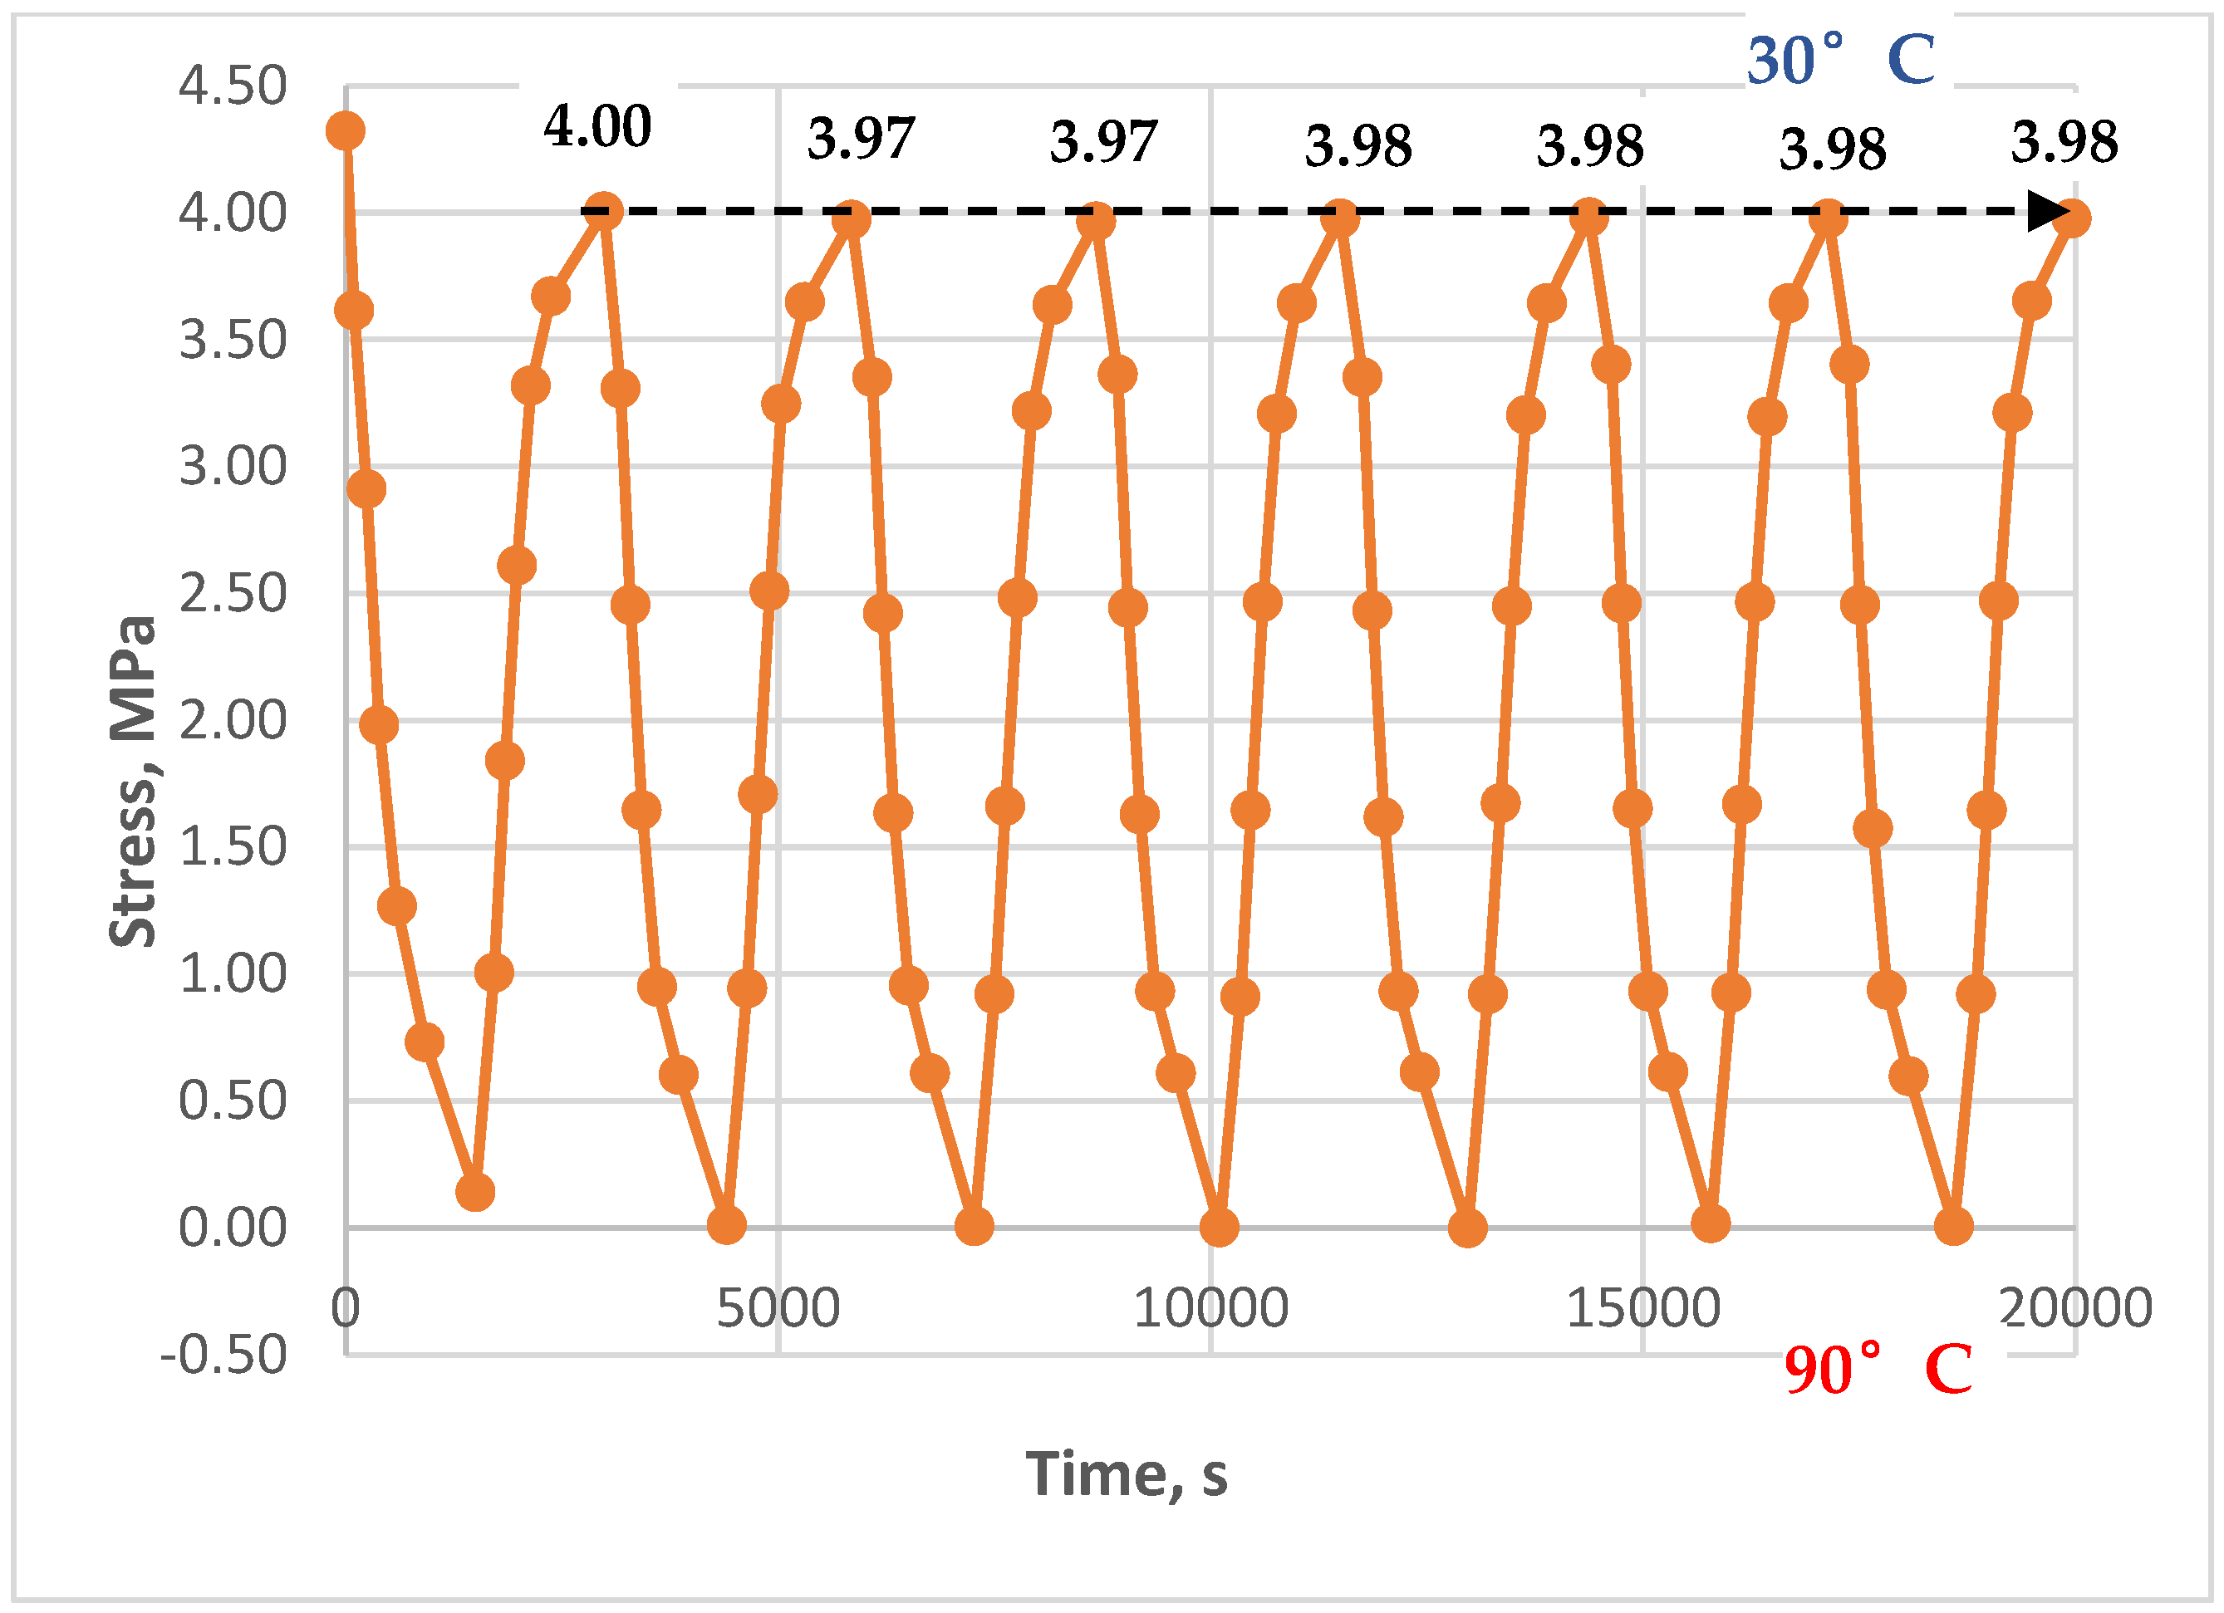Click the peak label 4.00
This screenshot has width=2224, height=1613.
click(597, 126)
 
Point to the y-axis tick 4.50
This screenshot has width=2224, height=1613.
click(233, 86)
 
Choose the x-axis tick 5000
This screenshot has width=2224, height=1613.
click(778, 1307)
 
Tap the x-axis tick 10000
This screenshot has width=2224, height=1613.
click(1210, 1307)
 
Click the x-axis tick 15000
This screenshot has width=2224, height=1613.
click(1642, 1307)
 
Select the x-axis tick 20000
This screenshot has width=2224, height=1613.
click(2075, 1307)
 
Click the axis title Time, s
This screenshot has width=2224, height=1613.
click(1126, 1473)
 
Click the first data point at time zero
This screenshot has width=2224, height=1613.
click(345, 130)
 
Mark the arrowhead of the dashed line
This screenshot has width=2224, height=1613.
click(2046, 211)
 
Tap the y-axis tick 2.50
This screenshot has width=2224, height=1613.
click(233, 593)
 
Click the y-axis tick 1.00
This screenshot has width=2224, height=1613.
click(233, 973)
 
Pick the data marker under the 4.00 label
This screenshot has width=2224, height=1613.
click(603, 211)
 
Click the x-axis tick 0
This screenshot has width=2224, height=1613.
click(345, 1307)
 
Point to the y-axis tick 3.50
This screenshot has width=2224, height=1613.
click(233, 339)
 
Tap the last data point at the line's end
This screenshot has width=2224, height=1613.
click(2071, 218)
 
